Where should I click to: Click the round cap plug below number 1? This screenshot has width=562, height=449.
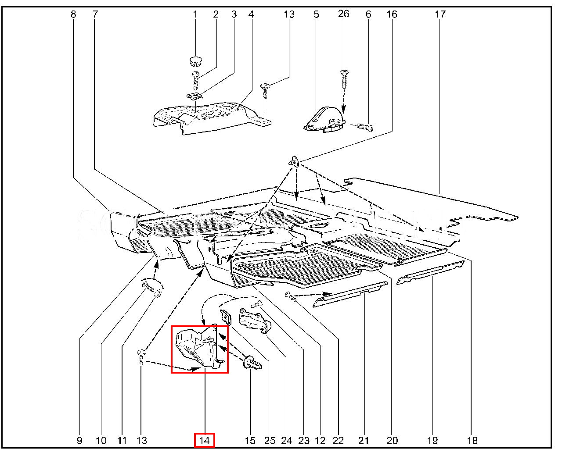[195, 61]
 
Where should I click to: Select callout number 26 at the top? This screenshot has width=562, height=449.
[343, 14]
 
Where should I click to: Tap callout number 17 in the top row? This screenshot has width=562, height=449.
[440, 14]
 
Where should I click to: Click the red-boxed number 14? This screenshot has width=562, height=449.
[205, 440]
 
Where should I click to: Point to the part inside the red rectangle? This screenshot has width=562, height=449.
[198, 349]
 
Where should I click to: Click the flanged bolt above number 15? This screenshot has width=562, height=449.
[254, 363]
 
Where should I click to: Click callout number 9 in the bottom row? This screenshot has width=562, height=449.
[79, 440]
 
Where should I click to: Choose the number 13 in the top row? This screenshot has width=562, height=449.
[289, 14]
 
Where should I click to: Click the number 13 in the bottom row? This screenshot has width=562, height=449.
[141, 440]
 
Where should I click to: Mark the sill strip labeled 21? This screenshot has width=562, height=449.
[351, 295]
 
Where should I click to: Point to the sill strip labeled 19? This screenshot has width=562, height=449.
[430, 272]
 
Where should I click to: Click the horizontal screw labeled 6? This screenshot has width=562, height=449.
[365, 128]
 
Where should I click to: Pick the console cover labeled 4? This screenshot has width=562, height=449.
[211, 116]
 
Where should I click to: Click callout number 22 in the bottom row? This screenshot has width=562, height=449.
[339, 440]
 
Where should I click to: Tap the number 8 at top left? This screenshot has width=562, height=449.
[73, 14]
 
